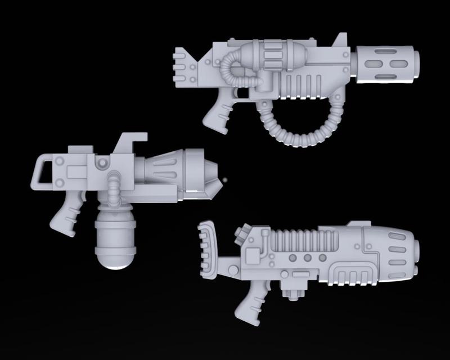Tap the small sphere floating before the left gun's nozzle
(225, 180)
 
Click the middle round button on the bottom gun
(308, 258)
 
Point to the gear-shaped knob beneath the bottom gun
(297, 295)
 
